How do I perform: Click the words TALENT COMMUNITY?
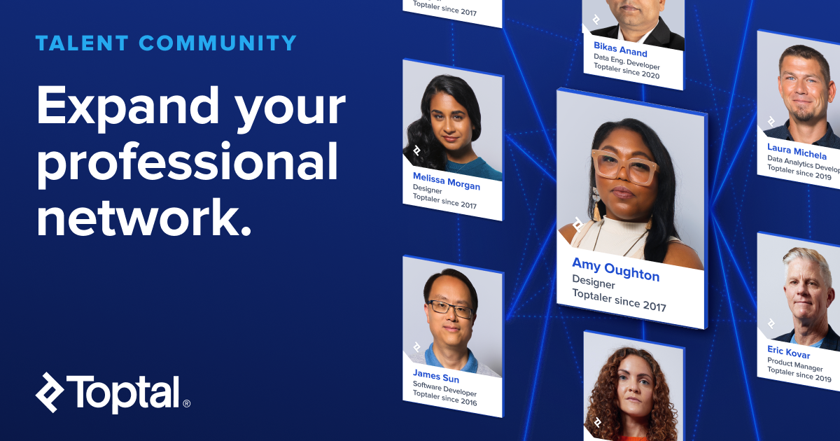click(x=166, y=43)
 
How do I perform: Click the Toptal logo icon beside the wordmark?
click(x=50, y=392)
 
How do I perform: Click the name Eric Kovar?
click(x=788, y=352)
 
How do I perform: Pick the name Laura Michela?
click(x=797, y=151)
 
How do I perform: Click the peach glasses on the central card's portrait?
click(x=624, y=165)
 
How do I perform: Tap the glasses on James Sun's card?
click(x=449, y=307)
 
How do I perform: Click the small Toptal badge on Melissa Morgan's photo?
click(x=416, y=150)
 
